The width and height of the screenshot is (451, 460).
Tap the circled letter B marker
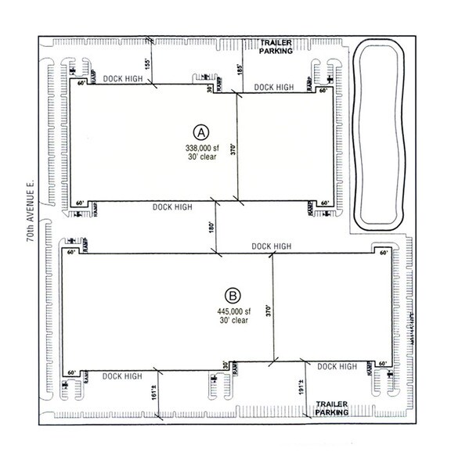[233, 296]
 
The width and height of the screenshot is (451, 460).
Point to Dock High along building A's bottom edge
[172, 207]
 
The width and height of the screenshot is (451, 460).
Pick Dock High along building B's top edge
[272, 246]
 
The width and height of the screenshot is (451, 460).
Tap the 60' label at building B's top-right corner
[383, 253]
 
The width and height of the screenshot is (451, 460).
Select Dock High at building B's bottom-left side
[122, 376]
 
